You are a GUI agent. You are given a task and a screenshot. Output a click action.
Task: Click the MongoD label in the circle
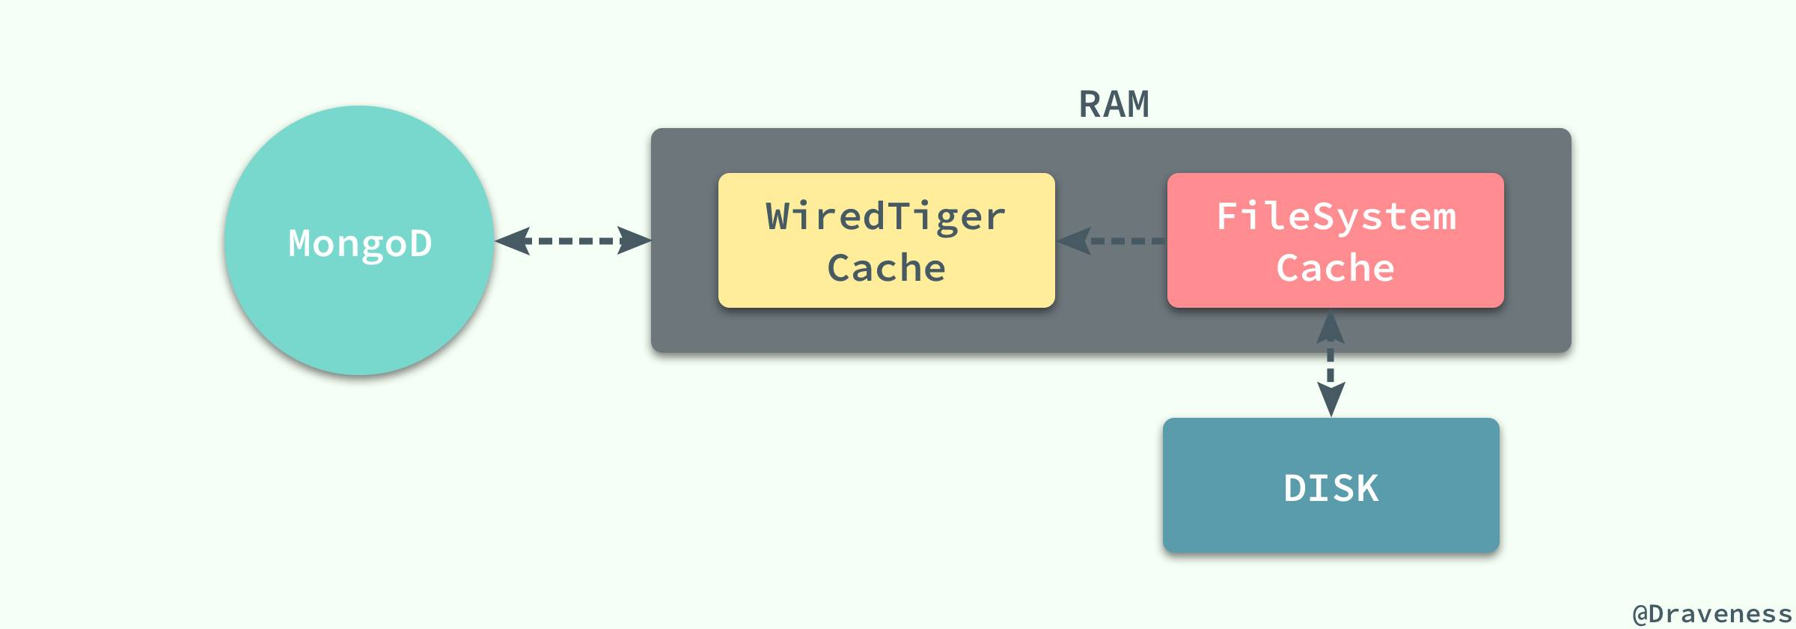[360, 243]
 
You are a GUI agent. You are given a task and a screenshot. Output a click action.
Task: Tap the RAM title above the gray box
[1114, 104]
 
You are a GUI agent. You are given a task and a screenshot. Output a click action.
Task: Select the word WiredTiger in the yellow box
[886, 216]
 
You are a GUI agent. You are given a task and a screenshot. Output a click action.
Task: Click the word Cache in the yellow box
[886, 268]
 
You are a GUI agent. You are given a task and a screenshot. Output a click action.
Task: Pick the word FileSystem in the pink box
[1337, 216]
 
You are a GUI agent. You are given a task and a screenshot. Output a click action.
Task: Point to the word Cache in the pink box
[1336, 268]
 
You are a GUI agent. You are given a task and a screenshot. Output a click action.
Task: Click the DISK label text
[1331, 488]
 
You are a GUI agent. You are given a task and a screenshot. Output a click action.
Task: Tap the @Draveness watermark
[1712, 613]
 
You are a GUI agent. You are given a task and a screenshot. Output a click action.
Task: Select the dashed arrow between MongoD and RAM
[573, 241]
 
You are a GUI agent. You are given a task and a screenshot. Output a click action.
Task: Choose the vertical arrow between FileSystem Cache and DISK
[1331, 363]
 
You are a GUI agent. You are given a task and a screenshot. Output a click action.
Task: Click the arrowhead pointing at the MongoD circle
[513, 241]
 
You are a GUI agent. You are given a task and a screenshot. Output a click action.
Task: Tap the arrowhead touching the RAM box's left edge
[635, 241]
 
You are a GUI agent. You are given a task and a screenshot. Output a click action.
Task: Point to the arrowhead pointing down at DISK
[1331, 399]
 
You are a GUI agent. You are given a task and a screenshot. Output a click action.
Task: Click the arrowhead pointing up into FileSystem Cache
[1331, 327]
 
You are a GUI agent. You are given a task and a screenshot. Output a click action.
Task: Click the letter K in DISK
[1366, 488]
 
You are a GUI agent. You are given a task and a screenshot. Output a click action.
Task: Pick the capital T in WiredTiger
[902, 216]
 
